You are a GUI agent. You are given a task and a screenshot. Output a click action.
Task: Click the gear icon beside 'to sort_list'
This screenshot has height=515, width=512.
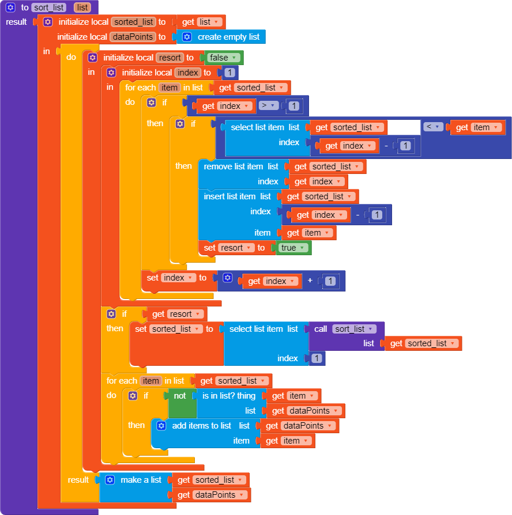[10, 7]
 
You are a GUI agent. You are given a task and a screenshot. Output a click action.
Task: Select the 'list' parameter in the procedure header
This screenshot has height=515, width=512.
[82, 8]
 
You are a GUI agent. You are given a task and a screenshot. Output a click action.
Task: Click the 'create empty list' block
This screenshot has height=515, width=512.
[228, 37]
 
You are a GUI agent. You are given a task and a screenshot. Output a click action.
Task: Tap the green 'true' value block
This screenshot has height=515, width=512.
[292, 248]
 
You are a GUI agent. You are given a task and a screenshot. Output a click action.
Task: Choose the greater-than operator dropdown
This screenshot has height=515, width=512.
[269, 106]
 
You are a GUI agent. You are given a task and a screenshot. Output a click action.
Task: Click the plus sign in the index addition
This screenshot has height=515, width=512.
[310, 281]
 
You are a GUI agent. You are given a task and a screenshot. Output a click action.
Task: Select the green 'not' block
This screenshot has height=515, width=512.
[180, 396]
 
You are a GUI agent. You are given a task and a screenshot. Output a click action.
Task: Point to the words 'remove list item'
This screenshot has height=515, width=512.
[233, 166]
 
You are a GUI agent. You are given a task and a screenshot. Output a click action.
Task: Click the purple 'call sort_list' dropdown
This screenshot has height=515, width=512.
[354, 329]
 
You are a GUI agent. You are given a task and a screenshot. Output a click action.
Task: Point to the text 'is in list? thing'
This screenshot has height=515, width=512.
[228, 396]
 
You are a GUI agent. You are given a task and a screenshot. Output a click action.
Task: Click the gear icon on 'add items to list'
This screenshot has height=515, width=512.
[161, 426]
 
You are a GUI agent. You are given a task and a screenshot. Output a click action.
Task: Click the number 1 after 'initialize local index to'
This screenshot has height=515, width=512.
[229, 73]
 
